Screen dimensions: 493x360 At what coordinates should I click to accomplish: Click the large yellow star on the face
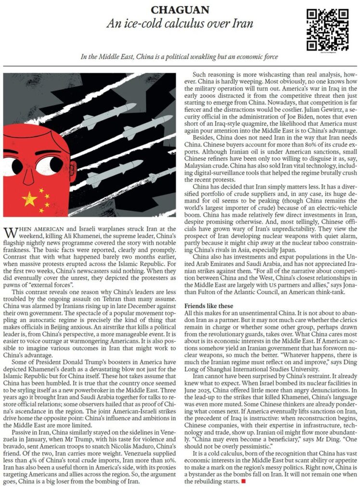click(29, 198)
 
